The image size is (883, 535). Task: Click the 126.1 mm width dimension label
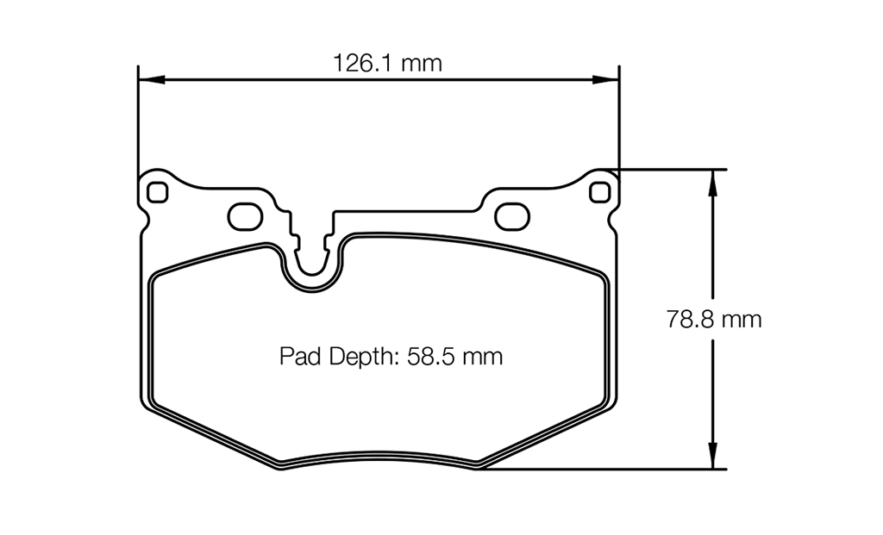(x=387, y=63)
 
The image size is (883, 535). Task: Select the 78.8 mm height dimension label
(x=714, y=320)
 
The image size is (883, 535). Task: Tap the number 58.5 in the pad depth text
(x=432, y=356)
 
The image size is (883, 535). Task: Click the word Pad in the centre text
(x=297, y=356)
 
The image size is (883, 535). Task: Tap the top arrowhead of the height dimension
(x=712, y=177)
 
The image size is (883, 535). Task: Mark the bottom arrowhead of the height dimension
(x=712, y=460)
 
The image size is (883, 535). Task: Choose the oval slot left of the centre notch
(x=245, y=216)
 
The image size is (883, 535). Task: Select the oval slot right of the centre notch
(x=511, y=216)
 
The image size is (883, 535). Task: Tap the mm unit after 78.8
(x=742, y=320)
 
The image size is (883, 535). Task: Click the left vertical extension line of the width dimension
(x=138, y=121)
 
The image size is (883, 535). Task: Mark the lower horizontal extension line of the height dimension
(x=604, y=470)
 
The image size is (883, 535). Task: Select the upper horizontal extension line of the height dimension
(x=673, y=168)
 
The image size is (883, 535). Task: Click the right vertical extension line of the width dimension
(x=619, y=121)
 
